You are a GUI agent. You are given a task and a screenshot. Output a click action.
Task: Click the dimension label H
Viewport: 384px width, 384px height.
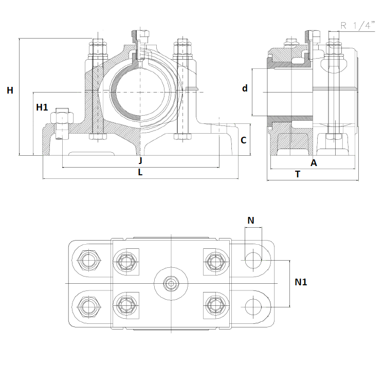point(10,90)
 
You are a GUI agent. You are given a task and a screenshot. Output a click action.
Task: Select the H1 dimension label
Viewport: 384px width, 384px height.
point(42,107)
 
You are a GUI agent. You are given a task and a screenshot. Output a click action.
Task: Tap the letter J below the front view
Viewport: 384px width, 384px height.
point(140,161)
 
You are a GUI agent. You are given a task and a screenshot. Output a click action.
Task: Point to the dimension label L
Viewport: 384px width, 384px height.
point(140,172)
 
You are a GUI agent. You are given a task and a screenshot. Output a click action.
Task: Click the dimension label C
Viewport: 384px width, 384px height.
point(244,140)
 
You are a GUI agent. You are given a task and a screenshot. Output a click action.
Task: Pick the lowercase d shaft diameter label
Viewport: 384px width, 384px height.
point(245,88)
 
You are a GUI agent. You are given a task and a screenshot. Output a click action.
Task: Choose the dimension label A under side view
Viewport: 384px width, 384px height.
point(314,163)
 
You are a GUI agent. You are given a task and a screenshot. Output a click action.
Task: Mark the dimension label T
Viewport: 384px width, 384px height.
point(298,174)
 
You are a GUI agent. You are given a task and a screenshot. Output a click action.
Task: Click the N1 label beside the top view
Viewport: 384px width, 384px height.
point(301,282)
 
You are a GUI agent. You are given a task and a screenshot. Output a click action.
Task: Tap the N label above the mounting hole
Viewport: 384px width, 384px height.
point(251,221)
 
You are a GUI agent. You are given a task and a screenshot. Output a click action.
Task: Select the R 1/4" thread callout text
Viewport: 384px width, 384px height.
point(358,25)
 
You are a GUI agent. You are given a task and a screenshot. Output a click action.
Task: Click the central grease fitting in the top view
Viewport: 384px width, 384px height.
point(171,284)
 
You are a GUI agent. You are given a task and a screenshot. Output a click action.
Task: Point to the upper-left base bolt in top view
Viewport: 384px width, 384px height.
point(88,260)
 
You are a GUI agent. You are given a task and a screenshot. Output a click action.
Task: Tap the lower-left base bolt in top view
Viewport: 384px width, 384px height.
point(88,307)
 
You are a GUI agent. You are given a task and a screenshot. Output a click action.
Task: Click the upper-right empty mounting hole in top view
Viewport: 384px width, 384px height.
point(253,260)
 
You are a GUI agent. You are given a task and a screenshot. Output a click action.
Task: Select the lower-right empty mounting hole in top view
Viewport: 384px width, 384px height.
point(253,307)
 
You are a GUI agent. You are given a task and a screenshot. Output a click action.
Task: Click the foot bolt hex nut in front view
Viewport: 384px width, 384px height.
point(62,118)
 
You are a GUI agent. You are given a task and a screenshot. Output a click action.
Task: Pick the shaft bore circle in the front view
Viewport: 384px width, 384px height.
point(140,92)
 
